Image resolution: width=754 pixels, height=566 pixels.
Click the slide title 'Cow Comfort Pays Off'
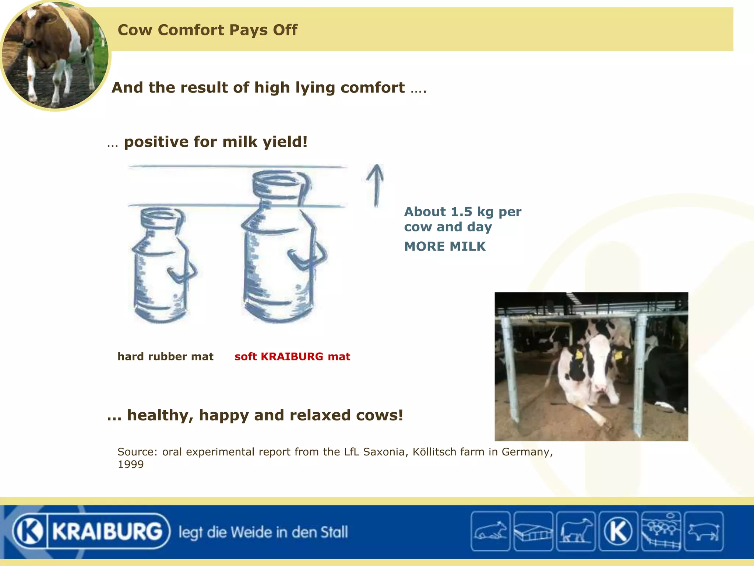coord(207,30)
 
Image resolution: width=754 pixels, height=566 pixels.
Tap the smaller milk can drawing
coord(162,265)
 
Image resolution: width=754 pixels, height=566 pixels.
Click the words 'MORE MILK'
coord(445,247)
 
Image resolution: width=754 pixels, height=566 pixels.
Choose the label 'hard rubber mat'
coord(165,357)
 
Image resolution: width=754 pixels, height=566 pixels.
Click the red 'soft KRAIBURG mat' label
coord(292,357)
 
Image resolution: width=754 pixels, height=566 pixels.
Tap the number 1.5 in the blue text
coord(461,212)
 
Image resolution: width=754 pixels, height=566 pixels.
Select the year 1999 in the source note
coord(131,464)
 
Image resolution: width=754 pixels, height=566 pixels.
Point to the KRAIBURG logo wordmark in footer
coord(107,531)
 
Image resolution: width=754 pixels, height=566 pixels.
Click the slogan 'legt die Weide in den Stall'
coord(263,532)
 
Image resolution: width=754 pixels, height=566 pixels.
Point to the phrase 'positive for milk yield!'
coord(215,142)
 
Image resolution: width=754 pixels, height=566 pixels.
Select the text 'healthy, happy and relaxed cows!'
coord(265,415)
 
